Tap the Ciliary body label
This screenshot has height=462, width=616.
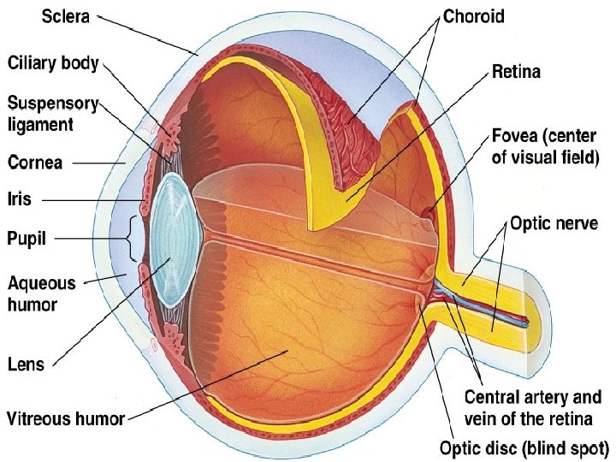53,63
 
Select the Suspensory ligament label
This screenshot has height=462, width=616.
52,114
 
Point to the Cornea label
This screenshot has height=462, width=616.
34,162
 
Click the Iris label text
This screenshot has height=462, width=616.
19,199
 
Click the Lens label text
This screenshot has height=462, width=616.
26,364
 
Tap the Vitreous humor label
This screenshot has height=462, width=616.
66,419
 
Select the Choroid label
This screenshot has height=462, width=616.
474,15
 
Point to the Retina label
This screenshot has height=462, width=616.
516,73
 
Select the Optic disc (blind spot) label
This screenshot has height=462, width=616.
524,447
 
